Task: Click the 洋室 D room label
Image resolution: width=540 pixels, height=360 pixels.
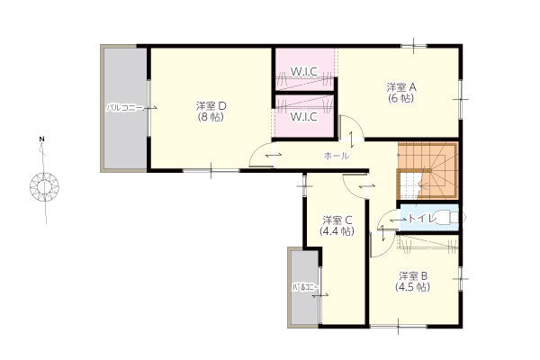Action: coord(211,105)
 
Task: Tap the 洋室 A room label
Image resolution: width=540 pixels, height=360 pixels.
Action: coord(401,86)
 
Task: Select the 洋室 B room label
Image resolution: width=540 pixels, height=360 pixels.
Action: coord(413,275)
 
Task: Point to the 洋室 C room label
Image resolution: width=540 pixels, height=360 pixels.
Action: coord(337,220)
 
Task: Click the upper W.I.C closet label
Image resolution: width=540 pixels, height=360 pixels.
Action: coord(304,71)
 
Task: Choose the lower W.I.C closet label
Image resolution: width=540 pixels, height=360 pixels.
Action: coord(304,117)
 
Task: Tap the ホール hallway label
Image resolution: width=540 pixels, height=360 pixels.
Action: coord(337,156)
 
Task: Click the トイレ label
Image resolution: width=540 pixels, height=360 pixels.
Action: coord(423,218)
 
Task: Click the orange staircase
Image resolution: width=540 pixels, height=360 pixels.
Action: coord(428,170)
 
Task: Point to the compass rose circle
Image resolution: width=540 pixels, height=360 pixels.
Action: coord(44,187)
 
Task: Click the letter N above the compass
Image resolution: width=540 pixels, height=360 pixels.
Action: coord(41,139)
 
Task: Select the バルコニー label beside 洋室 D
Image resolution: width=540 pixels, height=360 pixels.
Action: coord(124,108)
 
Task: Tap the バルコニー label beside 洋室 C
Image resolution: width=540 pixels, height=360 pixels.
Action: coord(305,286)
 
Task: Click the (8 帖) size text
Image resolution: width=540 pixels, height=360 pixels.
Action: coord(211,117)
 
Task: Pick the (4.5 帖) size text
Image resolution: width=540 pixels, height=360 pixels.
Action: coord(413,287)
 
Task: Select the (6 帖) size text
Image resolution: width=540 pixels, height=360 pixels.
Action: coord(401,98)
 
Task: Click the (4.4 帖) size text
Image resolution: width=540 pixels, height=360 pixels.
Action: coord(337,230)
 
